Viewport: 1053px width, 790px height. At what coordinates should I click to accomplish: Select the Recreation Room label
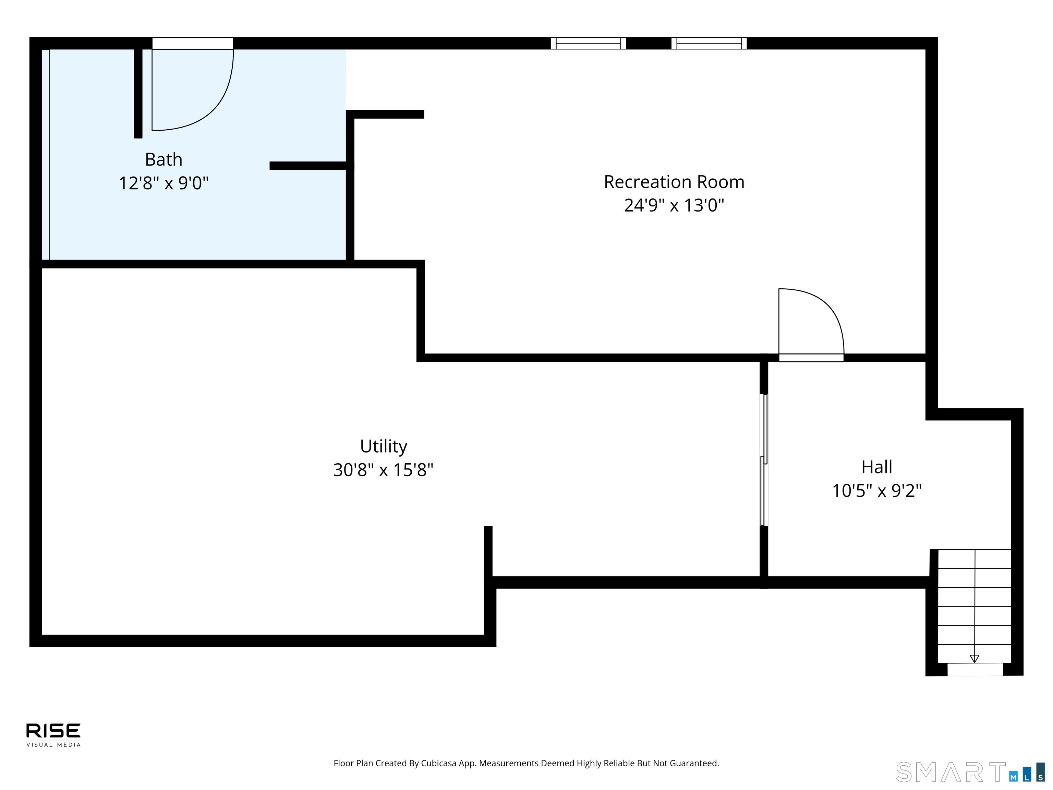(674, 182)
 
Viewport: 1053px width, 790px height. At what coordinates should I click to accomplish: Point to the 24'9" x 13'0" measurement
(674, 205)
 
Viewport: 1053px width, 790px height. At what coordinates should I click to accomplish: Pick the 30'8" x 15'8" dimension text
(383, 470)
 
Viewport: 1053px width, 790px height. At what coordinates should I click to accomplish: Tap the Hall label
(876, 467)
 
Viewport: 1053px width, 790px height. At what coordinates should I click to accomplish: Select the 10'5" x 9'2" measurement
(876, 490)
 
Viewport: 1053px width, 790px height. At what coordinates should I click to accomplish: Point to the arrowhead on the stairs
(975, 659)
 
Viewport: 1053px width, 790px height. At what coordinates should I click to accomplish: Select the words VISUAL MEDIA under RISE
(53, 745)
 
